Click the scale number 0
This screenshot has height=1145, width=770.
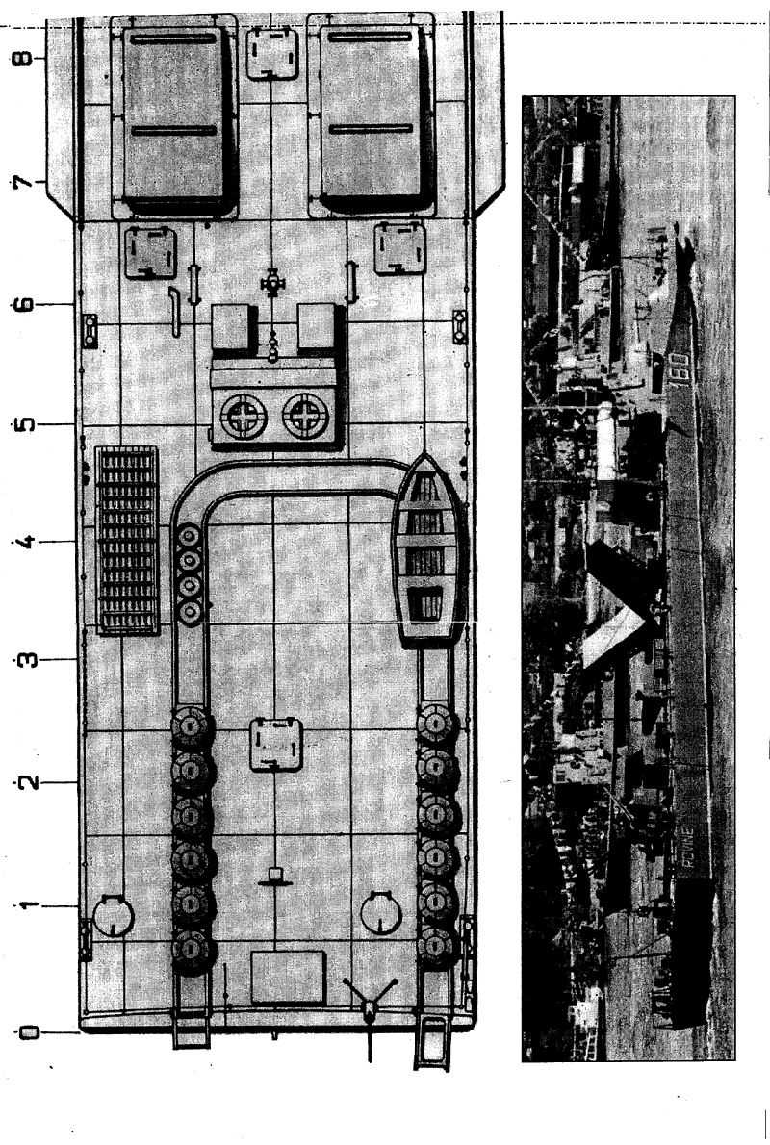click(28, 1033)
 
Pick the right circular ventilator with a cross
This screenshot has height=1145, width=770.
click(306, 417)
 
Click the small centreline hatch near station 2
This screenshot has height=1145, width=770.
click(276, 744)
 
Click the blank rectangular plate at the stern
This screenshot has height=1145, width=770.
click(287, 978)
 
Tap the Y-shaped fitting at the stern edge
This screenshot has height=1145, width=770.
click(370, 1001)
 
